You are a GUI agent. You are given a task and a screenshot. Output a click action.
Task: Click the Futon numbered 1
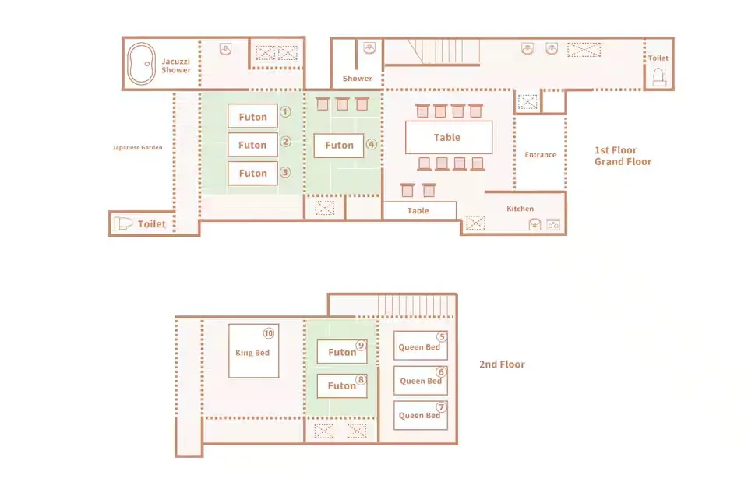[x=252, y=116]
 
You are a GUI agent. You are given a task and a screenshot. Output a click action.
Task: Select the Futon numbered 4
[x=339, y=146]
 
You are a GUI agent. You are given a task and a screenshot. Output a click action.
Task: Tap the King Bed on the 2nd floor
[x=254, y=351]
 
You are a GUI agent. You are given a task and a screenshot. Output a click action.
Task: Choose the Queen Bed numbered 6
[x=420, y=381]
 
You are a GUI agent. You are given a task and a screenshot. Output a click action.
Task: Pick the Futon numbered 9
[x=342, y=352]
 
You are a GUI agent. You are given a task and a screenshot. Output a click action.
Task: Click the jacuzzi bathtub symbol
[x=141, y=63]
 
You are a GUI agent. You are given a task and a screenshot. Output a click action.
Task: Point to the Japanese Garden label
[x=137, y=147]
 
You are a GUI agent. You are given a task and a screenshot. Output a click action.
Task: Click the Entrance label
[x=541, y=154]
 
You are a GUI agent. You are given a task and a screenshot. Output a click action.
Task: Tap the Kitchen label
[x=520, y=209]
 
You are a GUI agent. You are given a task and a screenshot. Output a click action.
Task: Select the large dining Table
[x=449, y=137]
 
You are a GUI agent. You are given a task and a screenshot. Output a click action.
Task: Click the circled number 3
[x=285, y=172]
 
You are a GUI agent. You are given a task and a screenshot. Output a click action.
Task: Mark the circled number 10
[x=269, y=333]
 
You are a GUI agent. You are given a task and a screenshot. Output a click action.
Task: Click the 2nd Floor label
[x=502, y=364]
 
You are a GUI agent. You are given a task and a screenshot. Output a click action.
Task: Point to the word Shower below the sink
[x=358, y=78]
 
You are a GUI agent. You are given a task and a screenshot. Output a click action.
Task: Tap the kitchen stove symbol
[x=553, y=224]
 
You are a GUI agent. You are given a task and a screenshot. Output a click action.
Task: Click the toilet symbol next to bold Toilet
[x=123, y=223]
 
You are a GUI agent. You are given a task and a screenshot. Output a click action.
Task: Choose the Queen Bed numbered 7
[x=420, y=415]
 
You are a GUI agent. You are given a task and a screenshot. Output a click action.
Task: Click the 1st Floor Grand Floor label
[x=623, y=156]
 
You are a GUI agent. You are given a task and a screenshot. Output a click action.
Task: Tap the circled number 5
[x=443, y=337]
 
